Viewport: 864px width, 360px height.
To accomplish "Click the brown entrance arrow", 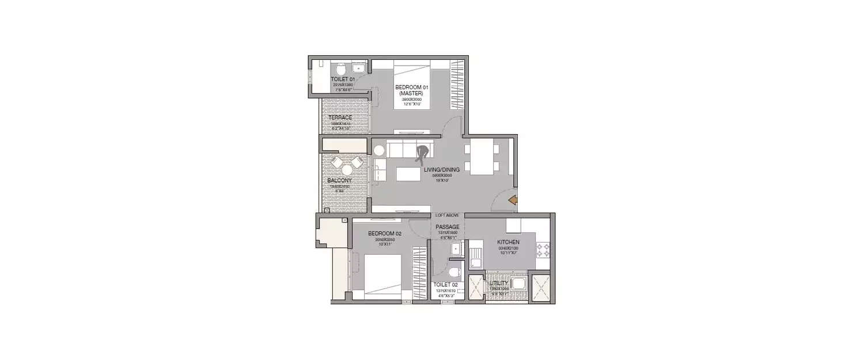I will (x=513, y=200).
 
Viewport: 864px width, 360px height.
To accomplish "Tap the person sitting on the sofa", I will (x=422, y=154).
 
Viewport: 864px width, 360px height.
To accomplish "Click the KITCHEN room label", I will (x=508, y=242).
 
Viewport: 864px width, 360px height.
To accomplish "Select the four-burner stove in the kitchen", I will (x=543, y=249).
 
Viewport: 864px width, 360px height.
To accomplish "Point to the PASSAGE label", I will (x=447, y=227).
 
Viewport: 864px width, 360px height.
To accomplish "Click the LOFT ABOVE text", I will (x=447, y=215).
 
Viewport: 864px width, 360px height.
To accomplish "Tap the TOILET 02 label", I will (x=446, y=285).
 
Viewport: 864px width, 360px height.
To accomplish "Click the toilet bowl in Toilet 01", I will (x=340, y=67).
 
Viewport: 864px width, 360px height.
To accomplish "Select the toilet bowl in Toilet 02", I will (x=453, y=272).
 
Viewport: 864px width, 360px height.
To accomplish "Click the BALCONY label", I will (x=339, y=181).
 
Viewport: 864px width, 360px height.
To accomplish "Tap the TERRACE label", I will (x=340, y=118).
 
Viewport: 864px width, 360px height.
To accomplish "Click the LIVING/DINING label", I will (x=442, y=170).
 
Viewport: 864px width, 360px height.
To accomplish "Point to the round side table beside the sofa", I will (x=379, y=150).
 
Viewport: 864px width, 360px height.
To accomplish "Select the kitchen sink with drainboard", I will (x=476, y=257).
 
